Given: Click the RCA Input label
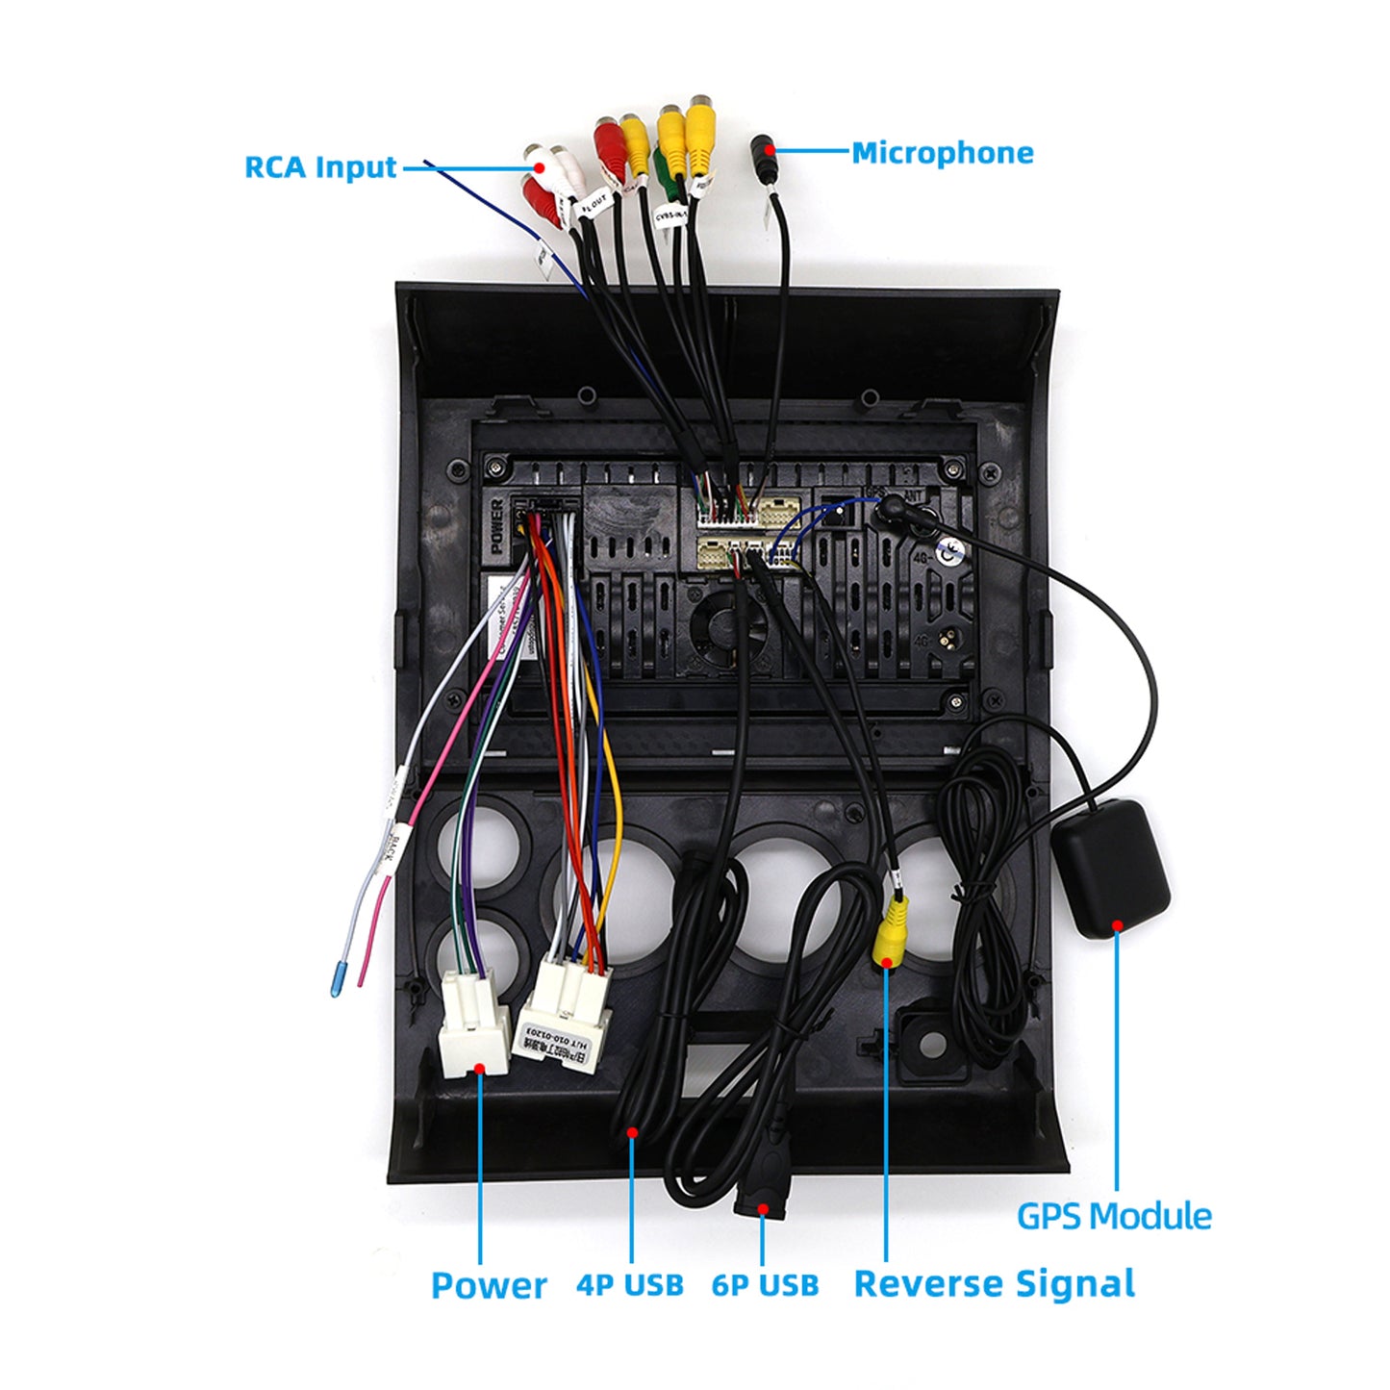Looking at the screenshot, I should coord(319,167).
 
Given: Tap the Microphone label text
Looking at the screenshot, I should coord(942,153).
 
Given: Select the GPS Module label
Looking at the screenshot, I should coord(1114,1216).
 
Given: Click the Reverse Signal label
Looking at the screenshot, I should coord(994,1284).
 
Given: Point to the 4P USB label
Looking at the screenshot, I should coord(630,1285).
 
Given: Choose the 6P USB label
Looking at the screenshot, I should coord(765,1285).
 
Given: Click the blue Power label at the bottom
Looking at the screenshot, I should coord(488,1285).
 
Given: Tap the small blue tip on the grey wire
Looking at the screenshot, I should coord(338,977).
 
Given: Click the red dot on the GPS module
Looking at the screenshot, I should coord(1118,926).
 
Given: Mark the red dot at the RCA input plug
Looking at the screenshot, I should coord(540,167).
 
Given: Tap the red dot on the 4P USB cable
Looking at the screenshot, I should coord(632,1132).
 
